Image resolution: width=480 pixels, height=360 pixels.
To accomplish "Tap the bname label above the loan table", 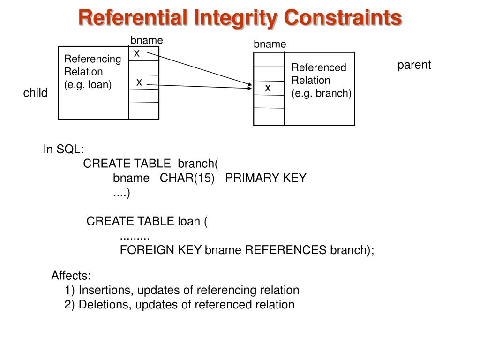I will [x=147, y=41].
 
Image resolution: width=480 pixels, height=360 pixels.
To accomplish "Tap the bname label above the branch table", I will [x=270, y=44].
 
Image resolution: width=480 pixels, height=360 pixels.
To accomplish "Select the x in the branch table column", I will [x=268, y=88].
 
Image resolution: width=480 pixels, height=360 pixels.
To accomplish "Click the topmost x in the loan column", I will [x=137, y=54].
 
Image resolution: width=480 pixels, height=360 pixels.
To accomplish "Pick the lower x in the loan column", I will [x=139, y=82].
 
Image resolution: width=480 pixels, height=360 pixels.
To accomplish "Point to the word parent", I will [x=414, y=65].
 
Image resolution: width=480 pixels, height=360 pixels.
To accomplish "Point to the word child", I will [x=36, y=93].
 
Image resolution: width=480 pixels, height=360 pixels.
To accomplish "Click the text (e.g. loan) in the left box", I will [x=88, y=85].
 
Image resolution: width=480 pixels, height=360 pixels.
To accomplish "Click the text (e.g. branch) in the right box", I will [x=321, y=93].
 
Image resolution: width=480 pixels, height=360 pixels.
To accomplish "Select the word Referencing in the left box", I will [x=92, y=59].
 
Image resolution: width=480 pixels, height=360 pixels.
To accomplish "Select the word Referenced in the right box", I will [x=319, y=68].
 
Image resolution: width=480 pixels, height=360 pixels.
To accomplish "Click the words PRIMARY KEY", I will [x=266, y=178].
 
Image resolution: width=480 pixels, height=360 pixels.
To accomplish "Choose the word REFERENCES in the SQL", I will [x=285, y=250].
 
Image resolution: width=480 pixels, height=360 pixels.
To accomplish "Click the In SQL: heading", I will [x=64, y=150].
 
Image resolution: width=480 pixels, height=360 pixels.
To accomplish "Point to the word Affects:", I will [x=71, y=276].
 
